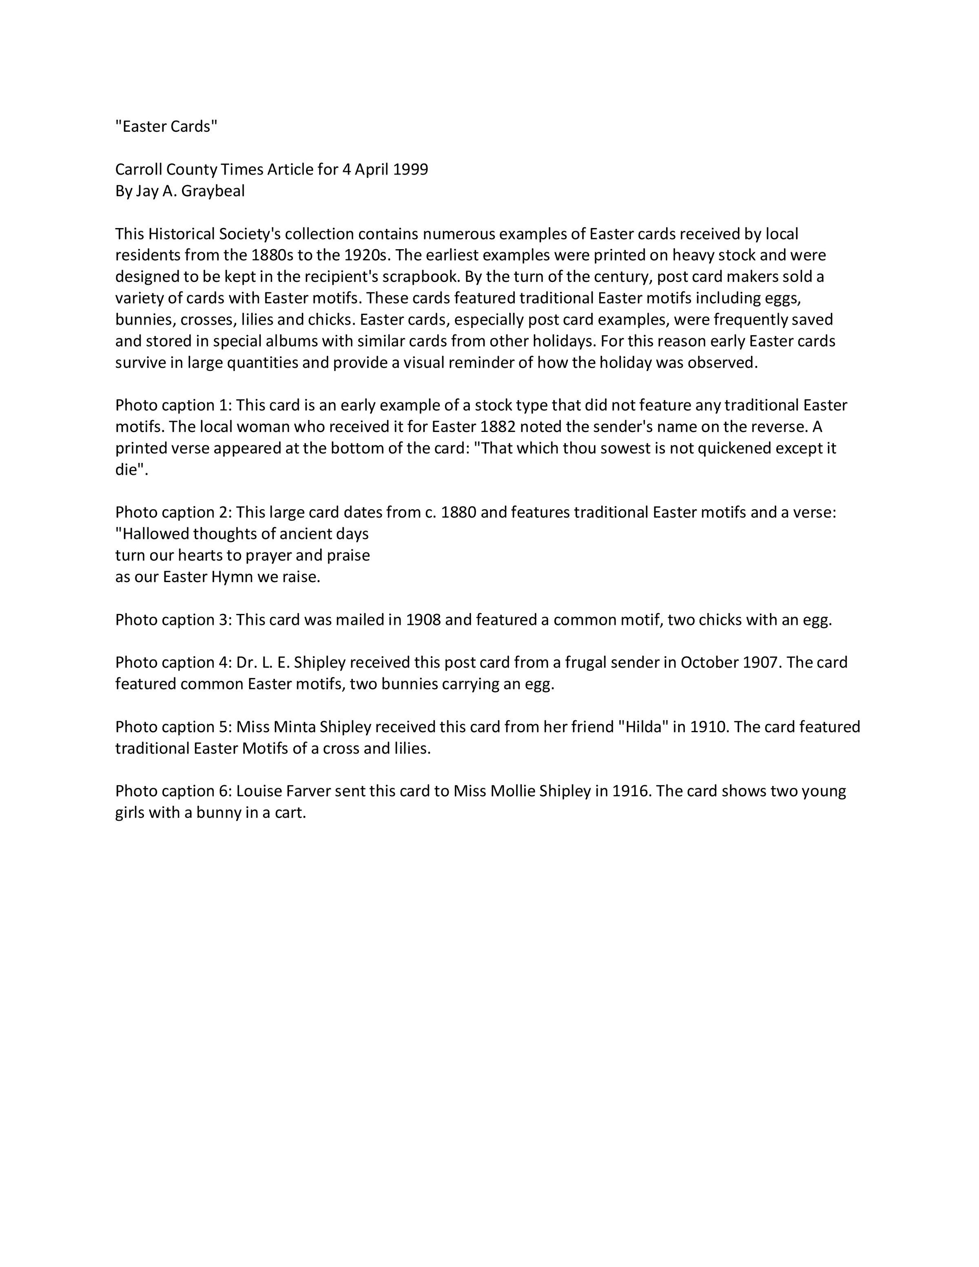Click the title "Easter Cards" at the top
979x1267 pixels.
(x=166, y=126)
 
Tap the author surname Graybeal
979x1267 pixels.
(x=213, y=191)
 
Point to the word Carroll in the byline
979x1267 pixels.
(x=139, y=169)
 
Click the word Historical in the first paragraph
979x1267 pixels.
(x=181, y=234)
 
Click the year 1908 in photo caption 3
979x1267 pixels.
(x=423, y=620)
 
